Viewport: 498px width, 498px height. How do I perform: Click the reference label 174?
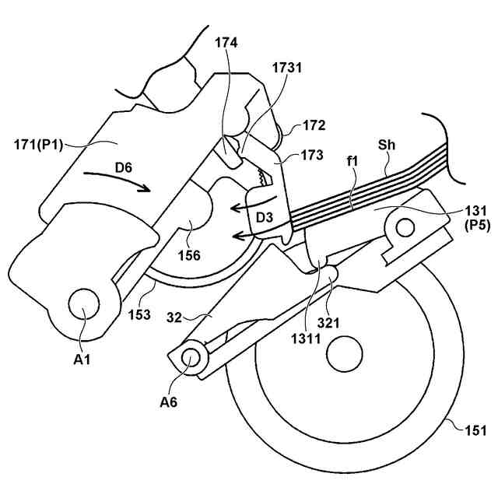[228, 44]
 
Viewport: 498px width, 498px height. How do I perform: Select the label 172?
[314, 124]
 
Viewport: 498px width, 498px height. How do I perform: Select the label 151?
[475, 430]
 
